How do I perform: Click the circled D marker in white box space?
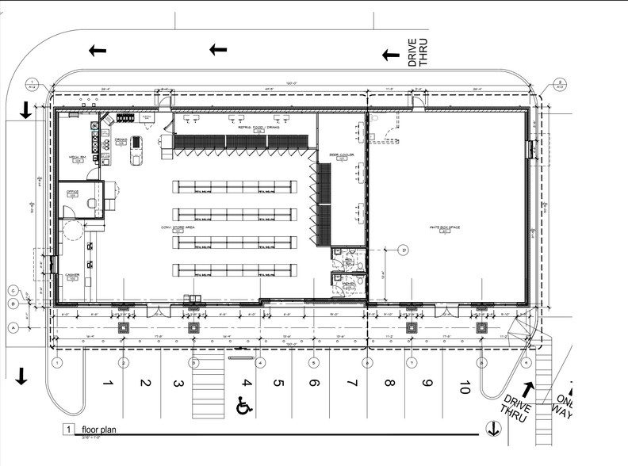(x=404, y=250)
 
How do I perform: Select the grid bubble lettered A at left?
(x=13, y=327)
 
